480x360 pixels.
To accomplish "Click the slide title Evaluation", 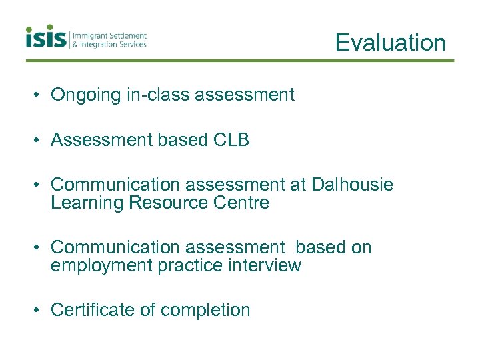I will (x=390, y=43).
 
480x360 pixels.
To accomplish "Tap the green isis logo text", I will (x=46, y=37).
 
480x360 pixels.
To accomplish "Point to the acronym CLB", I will (x=231, y=140).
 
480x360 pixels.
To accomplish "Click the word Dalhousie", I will (x=351, y=185).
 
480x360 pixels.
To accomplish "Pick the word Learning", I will (x=87, y=203).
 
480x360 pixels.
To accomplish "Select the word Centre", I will (x=242, y=203).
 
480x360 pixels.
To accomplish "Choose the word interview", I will (x=264, y=265).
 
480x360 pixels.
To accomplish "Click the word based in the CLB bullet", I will (x=182, y=140).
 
